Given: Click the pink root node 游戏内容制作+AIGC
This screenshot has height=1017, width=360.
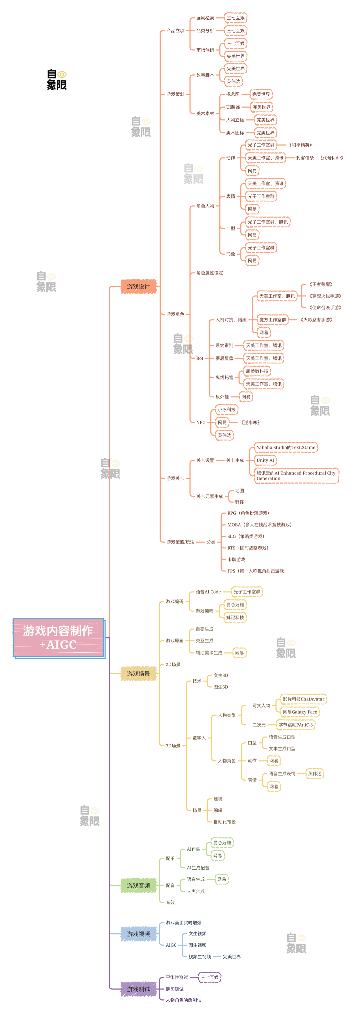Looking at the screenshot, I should [58, 637].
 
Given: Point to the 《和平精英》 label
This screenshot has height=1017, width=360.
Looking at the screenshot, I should [300, 145].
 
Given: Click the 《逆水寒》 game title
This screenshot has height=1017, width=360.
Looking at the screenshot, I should [250, 422].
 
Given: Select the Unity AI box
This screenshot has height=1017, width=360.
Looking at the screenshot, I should [265, 460].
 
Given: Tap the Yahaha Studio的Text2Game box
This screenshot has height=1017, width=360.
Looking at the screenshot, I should [286, 447].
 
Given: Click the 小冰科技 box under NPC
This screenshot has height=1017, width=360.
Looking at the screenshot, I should [227, 409].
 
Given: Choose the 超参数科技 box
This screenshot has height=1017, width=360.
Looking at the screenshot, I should [257, 371].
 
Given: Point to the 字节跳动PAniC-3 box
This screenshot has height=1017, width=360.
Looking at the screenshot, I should [296, 725].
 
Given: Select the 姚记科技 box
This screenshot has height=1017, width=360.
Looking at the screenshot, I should [235, 618].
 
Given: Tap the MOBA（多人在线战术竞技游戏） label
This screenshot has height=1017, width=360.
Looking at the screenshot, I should [259, 525].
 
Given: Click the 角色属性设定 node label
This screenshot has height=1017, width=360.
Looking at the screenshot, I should [210, 273].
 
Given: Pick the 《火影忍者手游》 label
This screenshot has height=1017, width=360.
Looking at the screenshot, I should [316, 320].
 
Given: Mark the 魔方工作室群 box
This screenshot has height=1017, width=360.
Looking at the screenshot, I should [272, 320].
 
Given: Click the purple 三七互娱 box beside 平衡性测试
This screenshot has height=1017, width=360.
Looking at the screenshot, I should [210, 978].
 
